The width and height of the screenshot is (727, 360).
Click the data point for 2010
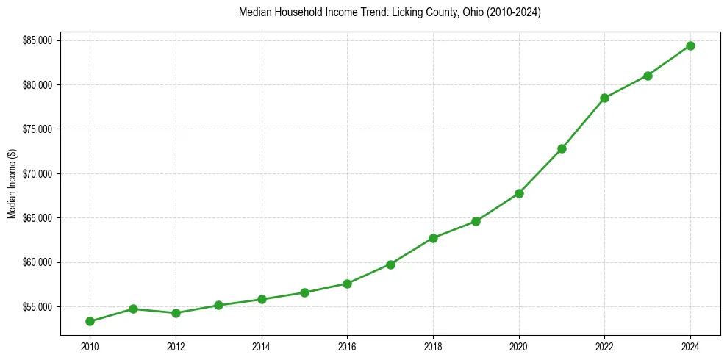[x=90, y=321]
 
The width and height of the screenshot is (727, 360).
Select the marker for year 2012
[x=176, y=313]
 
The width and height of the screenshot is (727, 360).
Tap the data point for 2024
[x=690, y=46]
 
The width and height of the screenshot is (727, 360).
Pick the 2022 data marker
[x=604, y=98]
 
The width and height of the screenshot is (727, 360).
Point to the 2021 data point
[x=562, y=148]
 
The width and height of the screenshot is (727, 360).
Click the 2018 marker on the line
[x=433, y=238]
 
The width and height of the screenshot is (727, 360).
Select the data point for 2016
[x=347, y=284]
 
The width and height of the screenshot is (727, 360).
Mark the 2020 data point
[x=519, y=193]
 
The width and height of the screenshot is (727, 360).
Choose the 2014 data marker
[x=262, y=299]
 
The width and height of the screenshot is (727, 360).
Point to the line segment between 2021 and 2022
[x=583, y=123]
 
